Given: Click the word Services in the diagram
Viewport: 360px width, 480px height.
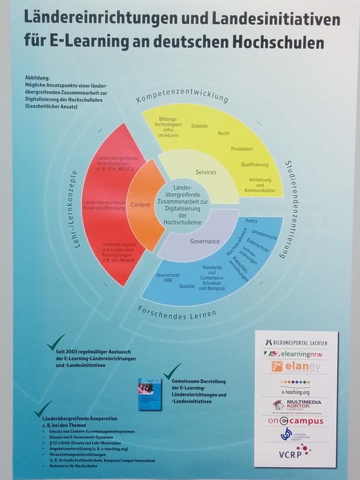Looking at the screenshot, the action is click(206, 172).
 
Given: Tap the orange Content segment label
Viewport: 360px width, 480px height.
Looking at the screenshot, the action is click(141, 205).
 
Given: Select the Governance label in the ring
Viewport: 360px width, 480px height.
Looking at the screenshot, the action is click(205, 241).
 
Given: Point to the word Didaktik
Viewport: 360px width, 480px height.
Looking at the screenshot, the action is click(199, 126).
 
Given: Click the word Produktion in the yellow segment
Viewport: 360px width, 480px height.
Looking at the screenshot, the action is click(241, 149).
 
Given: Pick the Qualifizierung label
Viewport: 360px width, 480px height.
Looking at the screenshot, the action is click(255, 165).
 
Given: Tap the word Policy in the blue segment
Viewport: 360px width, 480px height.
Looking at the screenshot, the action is click(252, 221).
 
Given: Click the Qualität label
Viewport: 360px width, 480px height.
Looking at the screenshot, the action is click(187, 285).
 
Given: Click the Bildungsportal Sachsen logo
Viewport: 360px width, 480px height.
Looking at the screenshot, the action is click(296, 342).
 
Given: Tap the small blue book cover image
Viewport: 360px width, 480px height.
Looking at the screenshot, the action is click(150, 394).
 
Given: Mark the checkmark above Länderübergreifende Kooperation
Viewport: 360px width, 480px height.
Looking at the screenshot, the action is click(43, 408).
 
